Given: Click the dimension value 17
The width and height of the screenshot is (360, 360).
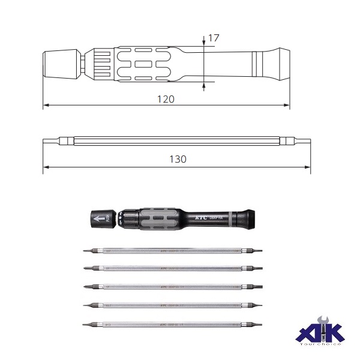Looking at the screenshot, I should coord(214,38).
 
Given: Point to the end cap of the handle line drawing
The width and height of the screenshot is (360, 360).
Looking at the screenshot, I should coord(58,62).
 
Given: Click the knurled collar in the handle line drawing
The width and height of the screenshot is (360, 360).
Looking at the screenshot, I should coord(97,62).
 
